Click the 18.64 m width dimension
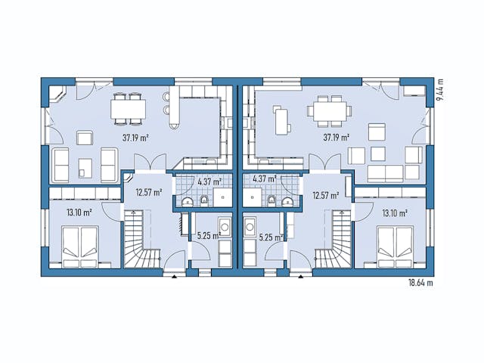[420, 283]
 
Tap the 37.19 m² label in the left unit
[134, 138]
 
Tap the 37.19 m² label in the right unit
[336, 138]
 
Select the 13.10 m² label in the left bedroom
[79, 213]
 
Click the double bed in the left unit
[79, 248]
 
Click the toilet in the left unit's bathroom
[204, 200]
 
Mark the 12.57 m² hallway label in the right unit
[325, 194]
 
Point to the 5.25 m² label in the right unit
[271, 237]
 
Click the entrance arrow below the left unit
[175, 277]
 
